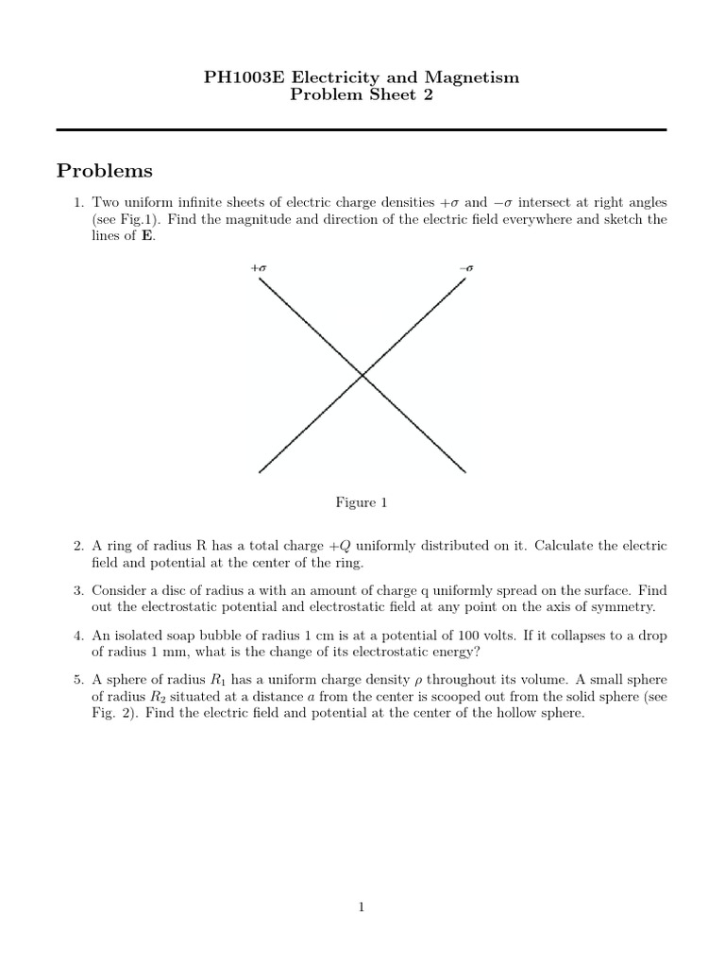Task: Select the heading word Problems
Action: tap(104, 171)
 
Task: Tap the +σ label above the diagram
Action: tap(259, 268)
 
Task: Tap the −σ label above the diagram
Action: tap(466, 268)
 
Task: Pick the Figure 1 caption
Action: tap(362, 502)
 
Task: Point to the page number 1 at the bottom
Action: tap(362, 908)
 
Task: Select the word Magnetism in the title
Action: tap(478, 77)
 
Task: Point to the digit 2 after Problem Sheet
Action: tap(428, 96)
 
